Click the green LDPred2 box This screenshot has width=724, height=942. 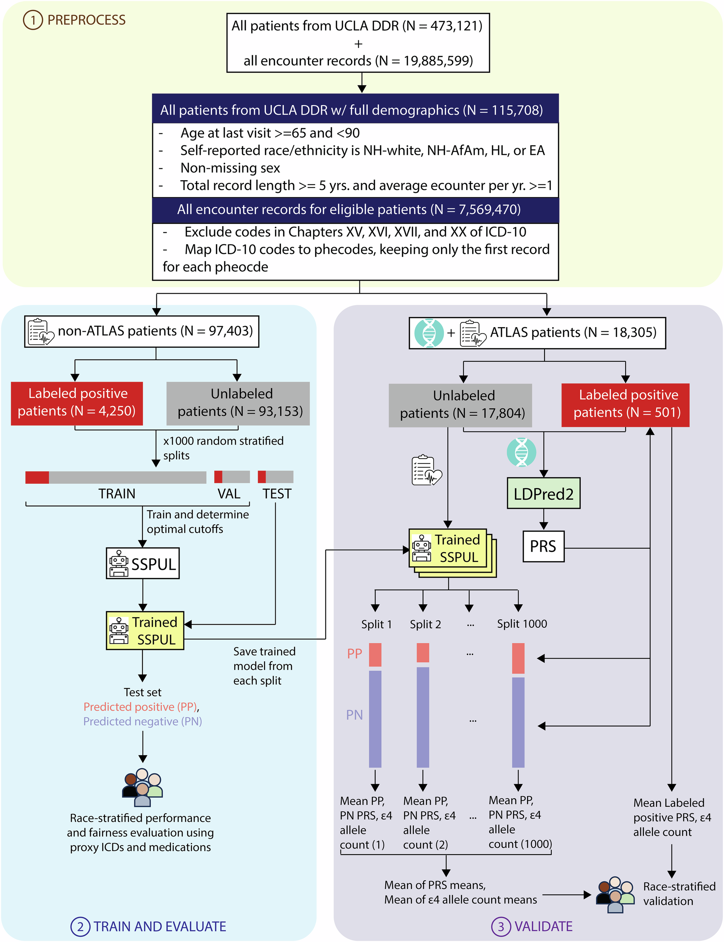pyautogui.click(x=543, y=493)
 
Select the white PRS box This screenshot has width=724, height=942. pyautogui.click(x=543, y=546)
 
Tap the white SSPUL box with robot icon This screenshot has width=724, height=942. pyautogui.click(x=143, y=563)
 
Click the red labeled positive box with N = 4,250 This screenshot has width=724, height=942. pyautogui.click(x=77, y=404)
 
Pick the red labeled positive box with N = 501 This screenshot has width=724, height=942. pyautogui.click(x=625, y=405)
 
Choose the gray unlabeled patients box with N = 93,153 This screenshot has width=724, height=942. pyautogui.click(x=238, y=404)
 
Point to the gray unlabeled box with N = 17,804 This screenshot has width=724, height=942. pyautogui.click(x=460, y=405)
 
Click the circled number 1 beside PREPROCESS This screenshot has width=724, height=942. pyautogui.click(x=33, y=20)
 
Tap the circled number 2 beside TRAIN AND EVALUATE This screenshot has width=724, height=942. pyautogui.click(x=80, y=927)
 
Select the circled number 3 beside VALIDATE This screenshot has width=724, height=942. pyautogui.click(x=501, y=927)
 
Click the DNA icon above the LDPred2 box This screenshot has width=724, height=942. pyautogui.click(x=522, y=452)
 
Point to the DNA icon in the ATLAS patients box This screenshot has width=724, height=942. pyautogui.click(x=429, y=333)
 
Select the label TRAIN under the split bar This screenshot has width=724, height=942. pyautogui.click(x=117, y=493)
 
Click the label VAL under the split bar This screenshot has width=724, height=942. pyautogui.click(x=229, y=493)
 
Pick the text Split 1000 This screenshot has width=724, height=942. pyautogui.click(x=522, y=624)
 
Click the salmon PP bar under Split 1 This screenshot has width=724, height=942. pyautogui.click(x=375, y=655)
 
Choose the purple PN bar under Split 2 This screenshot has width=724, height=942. pyautogui.click(x=423, y=717)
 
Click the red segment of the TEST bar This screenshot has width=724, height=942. pyautogui.click(x=262, y=477)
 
